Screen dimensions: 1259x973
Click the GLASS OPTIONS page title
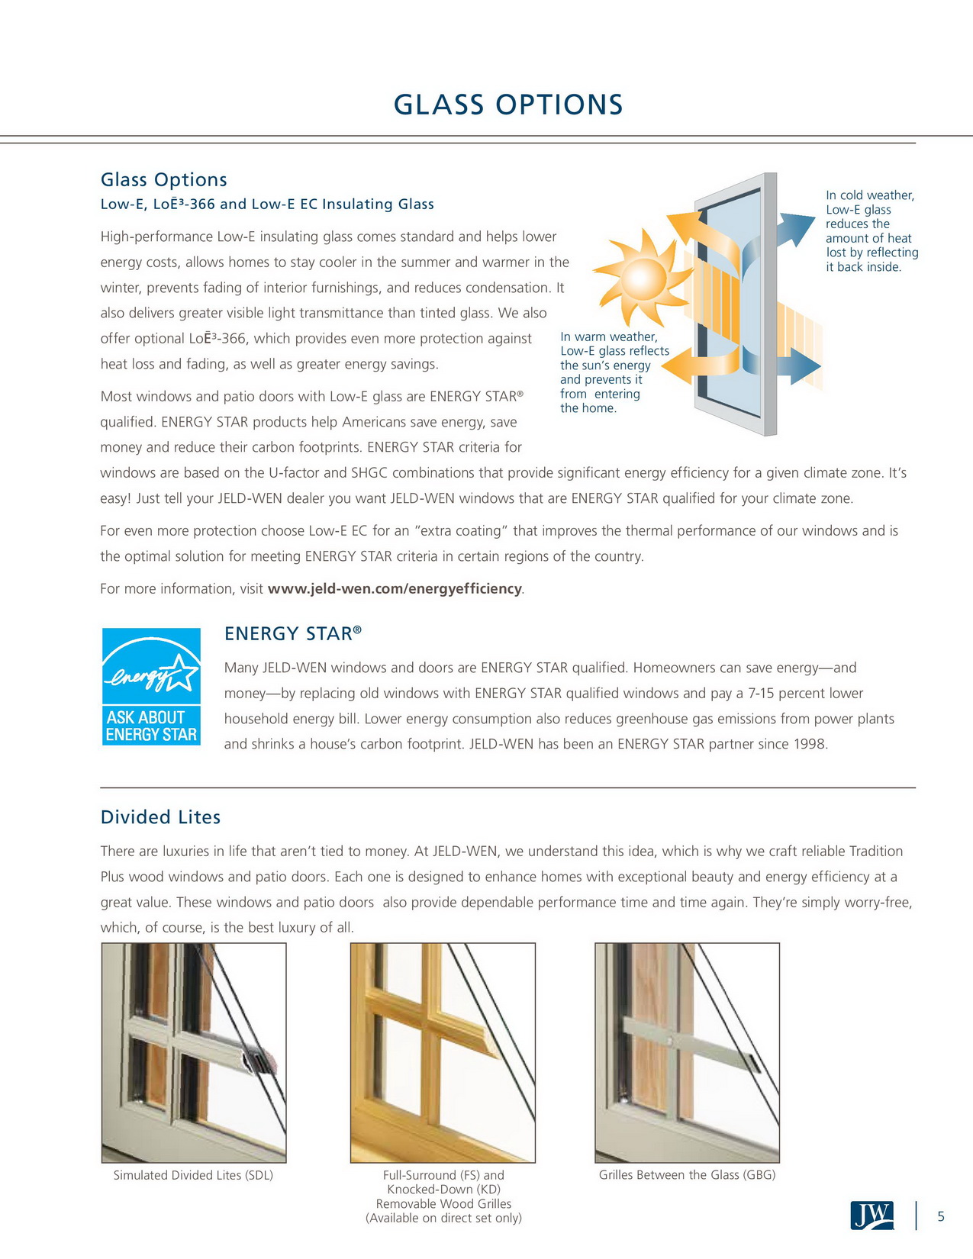coord(508,105)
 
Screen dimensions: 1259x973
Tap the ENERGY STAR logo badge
coord(151,686)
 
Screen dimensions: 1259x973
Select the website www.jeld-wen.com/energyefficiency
coord(395,589)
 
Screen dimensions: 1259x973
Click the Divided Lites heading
coord(160,817)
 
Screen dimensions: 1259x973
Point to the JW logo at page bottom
coord(871,1215)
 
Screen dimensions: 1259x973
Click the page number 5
coord(941,1216)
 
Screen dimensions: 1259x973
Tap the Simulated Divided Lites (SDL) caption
coord(193,1175)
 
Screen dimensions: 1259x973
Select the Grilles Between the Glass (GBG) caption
coord(687,1175)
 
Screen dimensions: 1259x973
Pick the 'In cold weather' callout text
coord(871,230)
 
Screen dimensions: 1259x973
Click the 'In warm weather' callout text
coord(614,372)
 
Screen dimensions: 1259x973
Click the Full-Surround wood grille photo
coord(443,1052)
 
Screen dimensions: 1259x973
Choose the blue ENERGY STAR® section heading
coord(292,634)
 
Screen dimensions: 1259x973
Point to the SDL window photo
coord(194,1052)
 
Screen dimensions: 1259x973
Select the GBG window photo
coord(687,1052)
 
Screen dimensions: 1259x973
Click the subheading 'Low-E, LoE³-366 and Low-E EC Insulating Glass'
coord(267,204)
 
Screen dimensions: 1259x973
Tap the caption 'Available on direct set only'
coord(443,1218)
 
